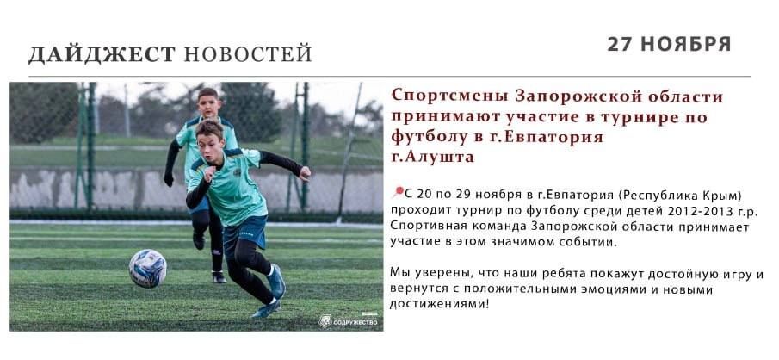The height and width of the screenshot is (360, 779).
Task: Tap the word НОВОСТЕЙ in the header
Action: tap(248, 54)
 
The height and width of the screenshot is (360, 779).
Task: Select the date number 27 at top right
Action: tap(621, 44)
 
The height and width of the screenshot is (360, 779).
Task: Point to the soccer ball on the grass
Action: tap(147, 268)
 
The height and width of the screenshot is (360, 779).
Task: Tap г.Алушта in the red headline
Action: tap(432, 158)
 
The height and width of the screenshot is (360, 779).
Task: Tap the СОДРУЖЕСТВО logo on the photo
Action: tap(349, 321)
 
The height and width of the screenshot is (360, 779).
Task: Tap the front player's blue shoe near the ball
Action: tap(276, 282)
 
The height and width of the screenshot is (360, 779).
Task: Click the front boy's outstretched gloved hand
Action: tap(305, 175)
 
